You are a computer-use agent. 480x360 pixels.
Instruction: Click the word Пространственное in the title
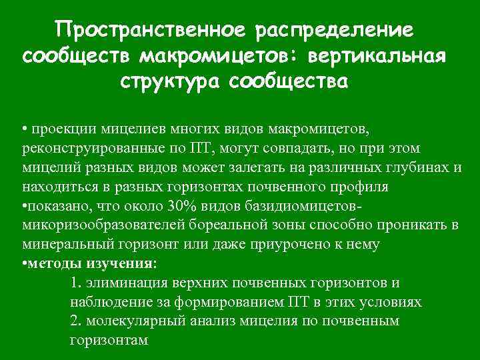click(151, 30)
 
